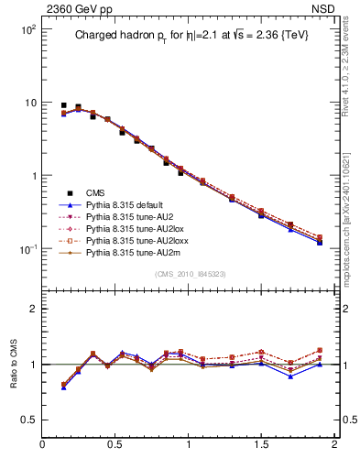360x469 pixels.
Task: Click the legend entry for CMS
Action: (x=95, y=192)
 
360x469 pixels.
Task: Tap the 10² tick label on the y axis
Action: (x=27, y=29)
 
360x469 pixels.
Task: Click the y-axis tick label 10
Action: (x=29, y=103)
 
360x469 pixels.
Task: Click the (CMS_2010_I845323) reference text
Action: (x=189, y=273)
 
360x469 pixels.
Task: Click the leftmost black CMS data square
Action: (x=63, y=105)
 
